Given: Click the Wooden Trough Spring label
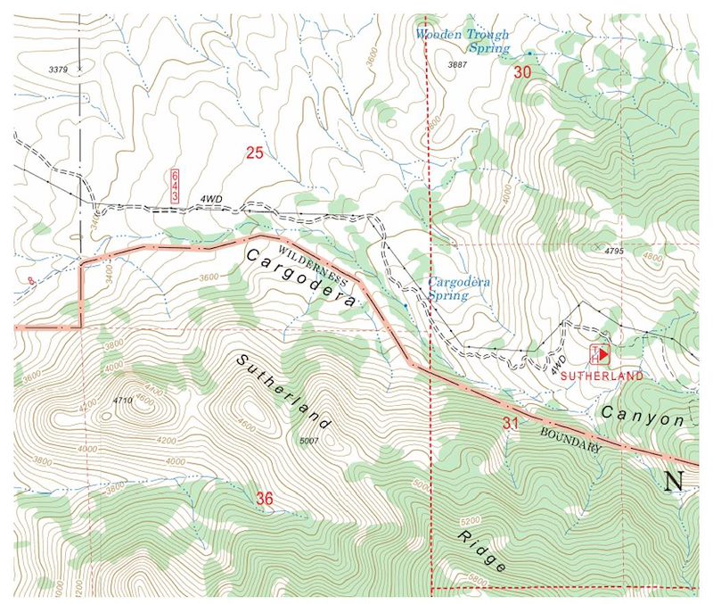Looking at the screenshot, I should coord(463,41).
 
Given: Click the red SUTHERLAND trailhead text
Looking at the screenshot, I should coord(602,377).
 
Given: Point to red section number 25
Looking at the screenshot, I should coord(255,153).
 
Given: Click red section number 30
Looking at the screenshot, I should coord(522,72).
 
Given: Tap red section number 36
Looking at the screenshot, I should coord(264,498).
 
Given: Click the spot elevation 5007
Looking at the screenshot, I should coord(309,441).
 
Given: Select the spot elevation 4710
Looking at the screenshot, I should coord(123,401).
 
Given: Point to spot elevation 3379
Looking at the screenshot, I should coord(58,68).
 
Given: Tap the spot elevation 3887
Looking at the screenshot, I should coord(457,66).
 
